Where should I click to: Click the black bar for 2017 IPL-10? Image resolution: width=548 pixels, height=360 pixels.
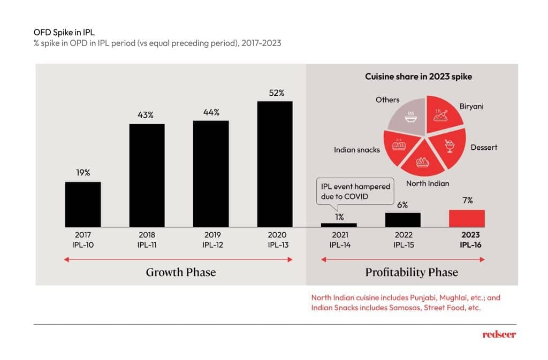point(83,204)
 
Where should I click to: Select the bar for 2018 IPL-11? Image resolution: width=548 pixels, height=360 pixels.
point(147,175)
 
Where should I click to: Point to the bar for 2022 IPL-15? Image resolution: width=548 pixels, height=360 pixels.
point(402,219)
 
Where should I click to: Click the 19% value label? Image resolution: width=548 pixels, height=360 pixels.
point(83,173)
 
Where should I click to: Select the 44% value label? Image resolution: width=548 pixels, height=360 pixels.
point(210,112)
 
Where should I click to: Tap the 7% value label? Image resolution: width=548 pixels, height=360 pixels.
point(467,200)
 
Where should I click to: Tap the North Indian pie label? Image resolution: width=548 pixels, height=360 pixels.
point(427,183)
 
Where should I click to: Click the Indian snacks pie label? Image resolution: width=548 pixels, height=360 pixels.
point(356,150)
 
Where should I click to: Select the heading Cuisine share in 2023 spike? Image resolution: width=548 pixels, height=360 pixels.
point(418,76)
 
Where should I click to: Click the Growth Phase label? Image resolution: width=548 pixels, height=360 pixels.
point(180,272)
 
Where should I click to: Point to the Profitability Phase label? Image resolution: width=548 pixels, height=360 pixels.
point(411,272)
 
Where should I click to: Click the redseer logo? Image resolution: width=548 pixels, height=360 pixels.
point(499,334)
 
